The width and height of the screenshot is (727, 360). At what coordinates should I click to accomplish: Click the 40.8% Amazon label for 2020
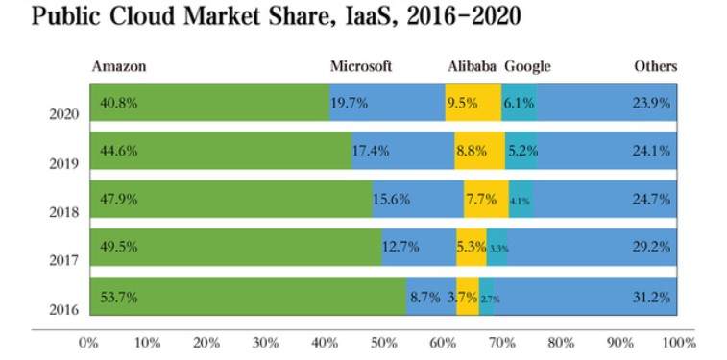[119, 103]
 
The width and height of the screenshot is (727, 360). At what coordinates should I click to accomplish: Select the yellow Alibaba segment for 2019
[479, 151]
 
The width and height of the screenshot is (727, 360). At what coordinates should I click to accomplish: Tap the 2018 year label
[64, 212]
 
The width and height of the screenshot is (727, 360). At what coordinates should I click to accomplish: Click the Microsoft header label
[361, 66]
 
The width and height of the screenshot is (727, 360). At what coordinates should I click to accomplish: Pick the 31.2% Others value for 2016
[651, 297]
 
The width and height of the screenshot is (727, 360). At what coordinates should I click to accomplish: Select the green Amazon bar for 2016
[248, 297]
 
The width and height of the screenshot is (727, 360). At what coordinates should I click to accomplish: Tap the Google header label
[527, 67]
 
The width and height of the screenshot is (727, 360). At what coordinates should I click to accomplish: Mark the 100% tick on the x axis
[679, 344]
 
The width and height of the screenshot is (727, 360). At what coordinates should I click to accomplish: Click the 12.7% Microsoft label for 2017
[400, 247]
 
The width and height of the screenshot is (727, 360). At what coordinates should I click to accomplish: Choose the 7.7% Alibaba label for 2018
[481, 200]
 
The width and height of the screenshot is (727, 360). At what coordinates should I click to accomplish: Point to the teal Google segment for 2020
[520, 103]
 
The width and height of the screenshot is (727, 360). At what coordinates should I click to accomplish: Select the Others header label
[656, 66]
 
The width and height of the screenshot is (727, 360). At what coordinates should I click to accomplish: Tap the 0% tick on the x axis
[88, 344]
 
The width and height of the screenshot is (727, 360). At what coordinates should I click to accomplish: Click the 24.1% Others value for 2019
[651, 151]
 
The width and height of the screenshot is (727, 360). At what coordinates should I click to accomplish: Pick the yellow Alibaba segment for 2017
[472, 248]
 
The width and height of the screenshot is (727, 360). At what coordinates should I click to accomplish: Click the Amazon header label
[119, 66]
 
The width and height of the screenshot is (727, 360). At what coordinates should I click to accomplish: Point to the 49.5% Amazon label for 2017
[119, 247]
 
